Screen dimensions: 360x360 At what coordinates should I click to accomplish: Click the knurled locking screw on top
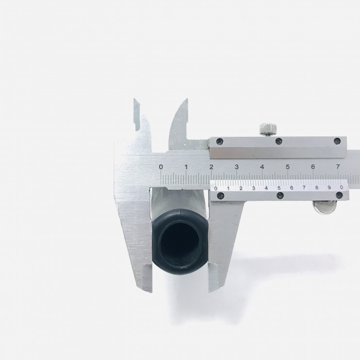268,129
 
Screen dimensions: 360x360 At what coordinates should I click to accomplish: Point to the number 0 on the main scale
161,167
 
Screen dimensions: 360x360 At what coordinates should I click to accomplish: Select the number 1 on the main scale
186,167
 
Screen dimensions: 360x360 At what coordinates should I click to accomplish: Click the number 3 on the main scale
237,167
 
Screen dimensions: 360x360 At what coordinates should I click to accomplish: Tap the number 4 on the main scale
262,167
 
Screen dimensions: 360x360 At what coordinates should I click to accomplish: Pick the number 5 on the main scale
288,167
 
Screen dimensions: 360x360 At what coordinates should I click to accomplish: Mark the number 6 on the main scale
313,167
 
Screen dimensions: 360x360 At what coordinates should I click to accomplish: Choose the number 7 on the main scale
338,167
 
